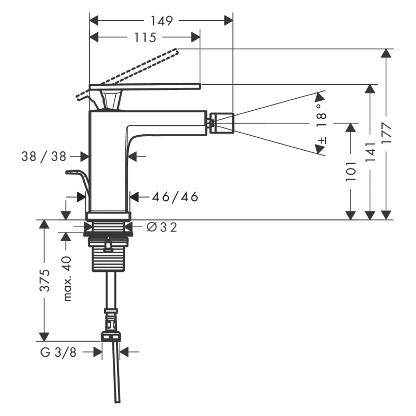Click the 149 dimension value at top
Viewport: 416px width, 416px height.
point(162,21)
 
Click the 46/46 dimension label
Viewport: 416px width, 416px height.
point(175,197)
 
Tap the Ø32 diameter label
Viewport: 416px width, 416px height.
point(162,227)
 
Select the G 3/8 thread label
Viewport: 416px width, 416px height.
point(58,352)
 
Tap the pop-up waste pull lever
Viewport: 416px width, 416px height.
point(78,177)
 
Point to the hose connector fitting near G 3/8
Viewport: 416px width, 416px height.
point(110,325)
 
